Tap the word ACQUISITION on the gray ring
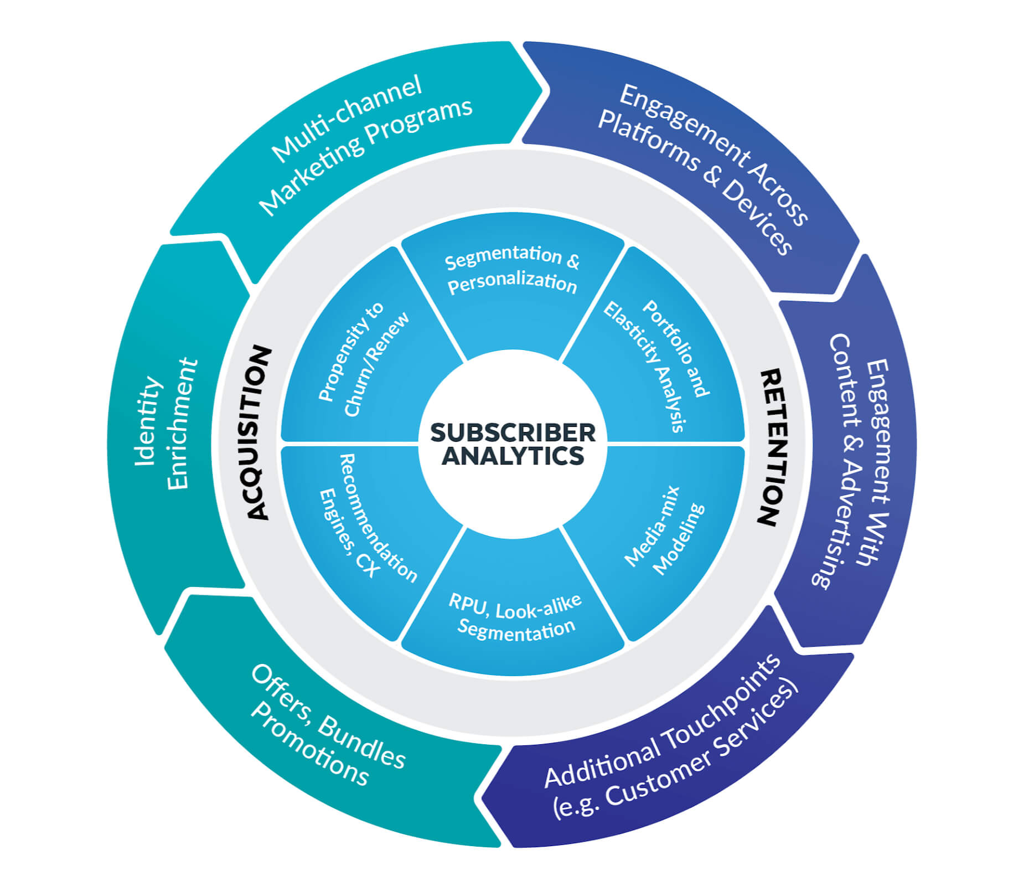(258, 433)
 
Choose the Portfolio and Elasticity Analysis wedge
(656, 365)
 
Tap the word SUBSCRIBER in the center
(513, 432)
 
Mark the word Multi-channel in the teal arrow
(346, 119)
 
